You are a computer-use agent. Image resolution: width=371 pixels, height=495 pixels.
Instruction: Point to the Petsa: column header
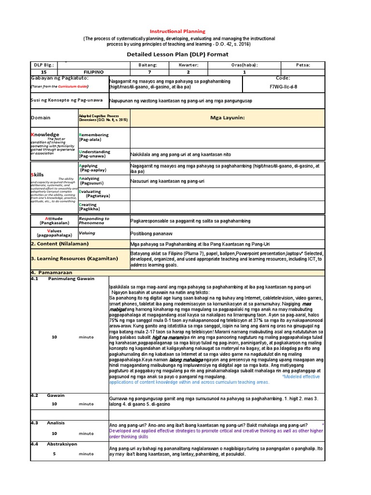[303, 65]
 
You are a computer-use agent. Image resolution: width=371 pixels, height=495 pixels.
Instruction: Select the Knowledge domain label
[45, 134]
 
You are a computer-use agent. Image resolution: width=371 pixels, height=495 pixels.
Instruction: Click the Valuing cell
[87, 233]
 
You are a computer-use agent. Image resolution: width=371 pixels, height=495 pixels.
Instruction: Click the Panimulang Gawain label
[71, 278]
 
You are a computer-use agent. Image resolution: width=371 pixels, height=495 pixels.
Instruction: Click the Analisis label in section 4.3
[56, 422]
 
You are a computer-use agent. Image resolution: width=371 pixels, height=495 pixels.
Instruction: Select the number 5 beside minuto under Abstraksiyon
[54, 454]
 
